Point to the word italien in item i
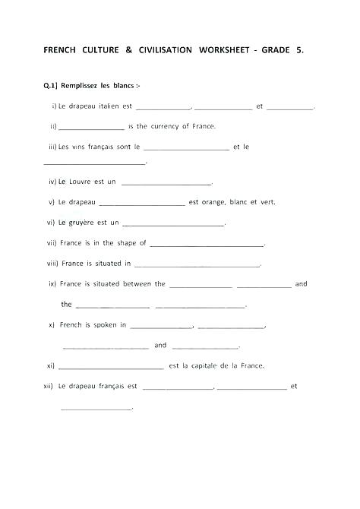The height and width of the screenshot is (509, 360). tap(109, 106)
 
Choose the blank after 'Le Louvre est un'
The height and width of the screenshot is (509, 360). tap(166, 183)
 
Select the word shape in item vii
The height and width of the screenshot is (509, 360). tap(126, 243)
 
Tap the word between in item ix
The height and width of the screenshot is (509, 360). tap(137, 284)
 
